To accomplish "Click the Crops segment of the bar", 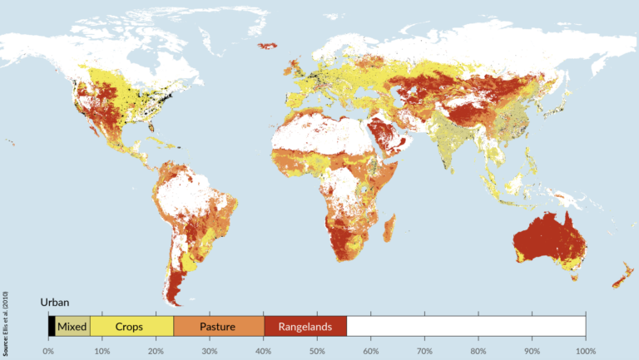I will pos(131,327).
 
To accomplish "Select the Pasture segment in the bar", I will pos(219,327).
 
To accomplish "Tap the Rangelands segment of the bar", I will pos(305,327).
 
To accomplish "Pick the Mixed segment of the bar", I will pos(72,327).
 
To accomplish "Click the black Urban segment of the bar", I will pos(52,327).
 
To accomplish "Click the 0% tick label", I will pos(49,350).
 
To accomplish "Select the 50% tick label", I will pos(317,350).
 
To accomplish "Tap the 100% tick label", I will pos(585,350).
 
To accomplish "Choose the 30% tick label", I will pos(210,350).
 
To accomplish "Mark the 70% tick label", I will pos(424,350).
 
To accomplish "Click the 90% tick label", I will pos(532,350).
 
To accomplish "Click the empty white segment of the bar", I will pos(466,327).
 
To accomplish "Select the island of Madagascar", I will pos(389,225).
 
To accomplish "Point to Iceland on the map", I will pos(267,47).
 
